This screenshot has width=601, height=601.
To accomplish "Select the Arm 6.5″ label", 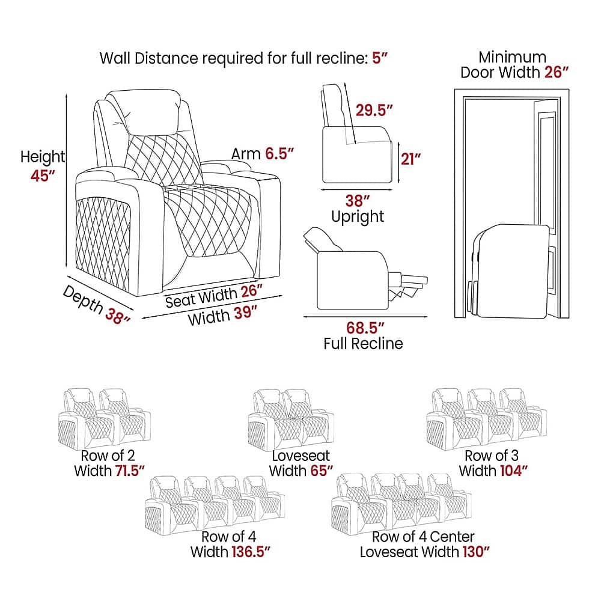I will pyautogui.click(x=262, y=154).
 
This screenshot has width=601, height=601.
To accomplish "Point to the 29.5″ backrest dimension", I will pyautogui.click(x=374, y=110).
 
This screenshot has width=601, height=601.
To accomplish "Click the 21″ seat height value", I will pyautogui.click(x=410, y=159).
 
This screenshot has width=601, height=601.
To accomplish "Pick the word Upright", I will pyautogui.click(x=358, y=216).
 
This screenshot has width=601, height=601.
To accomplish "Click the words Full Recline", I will pyautogui.click(x=363, y=344).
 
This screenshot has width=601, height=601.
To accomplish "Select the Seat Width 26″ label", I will pyautogui.click(x=215, y=296).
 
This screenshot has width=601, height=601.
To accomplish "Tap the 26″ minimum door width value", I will pyautogui.click(x=557, y=73).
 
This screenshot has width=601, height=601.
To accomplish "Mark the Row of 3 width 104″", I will pyautogui.click(x=513, y=471).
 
